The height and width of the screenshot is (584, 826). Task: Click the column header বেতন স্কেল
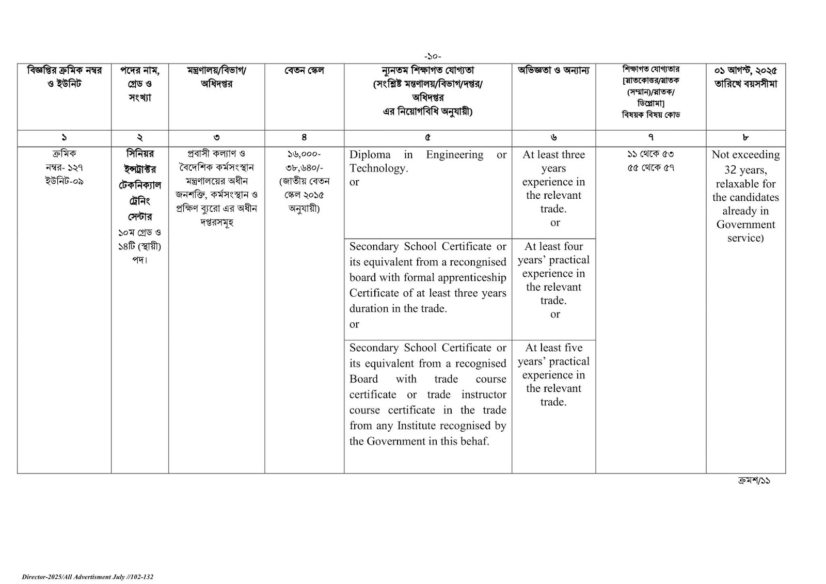304,70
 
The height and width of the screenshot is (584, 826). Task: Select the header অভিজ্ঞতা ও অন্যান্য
553,70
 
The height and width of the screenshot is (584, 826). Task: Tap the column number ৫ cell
427,137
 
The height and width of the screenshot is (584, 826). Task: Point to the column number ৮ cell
745,137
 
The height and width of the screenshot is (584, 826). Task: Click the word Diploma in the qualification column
370,155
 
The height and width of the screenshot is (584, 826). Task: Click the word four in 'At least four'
573,246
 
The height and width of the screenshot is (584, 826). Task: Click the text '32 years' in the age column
745,170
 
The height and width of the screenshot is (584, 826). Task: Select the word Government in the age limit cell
745,224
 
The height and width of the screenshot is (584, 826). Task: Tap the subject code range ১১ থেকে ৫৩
650,154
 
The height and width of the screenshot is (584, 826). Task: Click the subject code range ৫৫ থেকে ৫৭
650,168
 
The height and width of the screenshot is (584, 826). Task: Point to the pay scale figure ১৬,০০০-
304,154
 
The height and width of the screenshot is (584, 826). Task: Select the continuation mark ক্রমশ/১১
754,481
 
